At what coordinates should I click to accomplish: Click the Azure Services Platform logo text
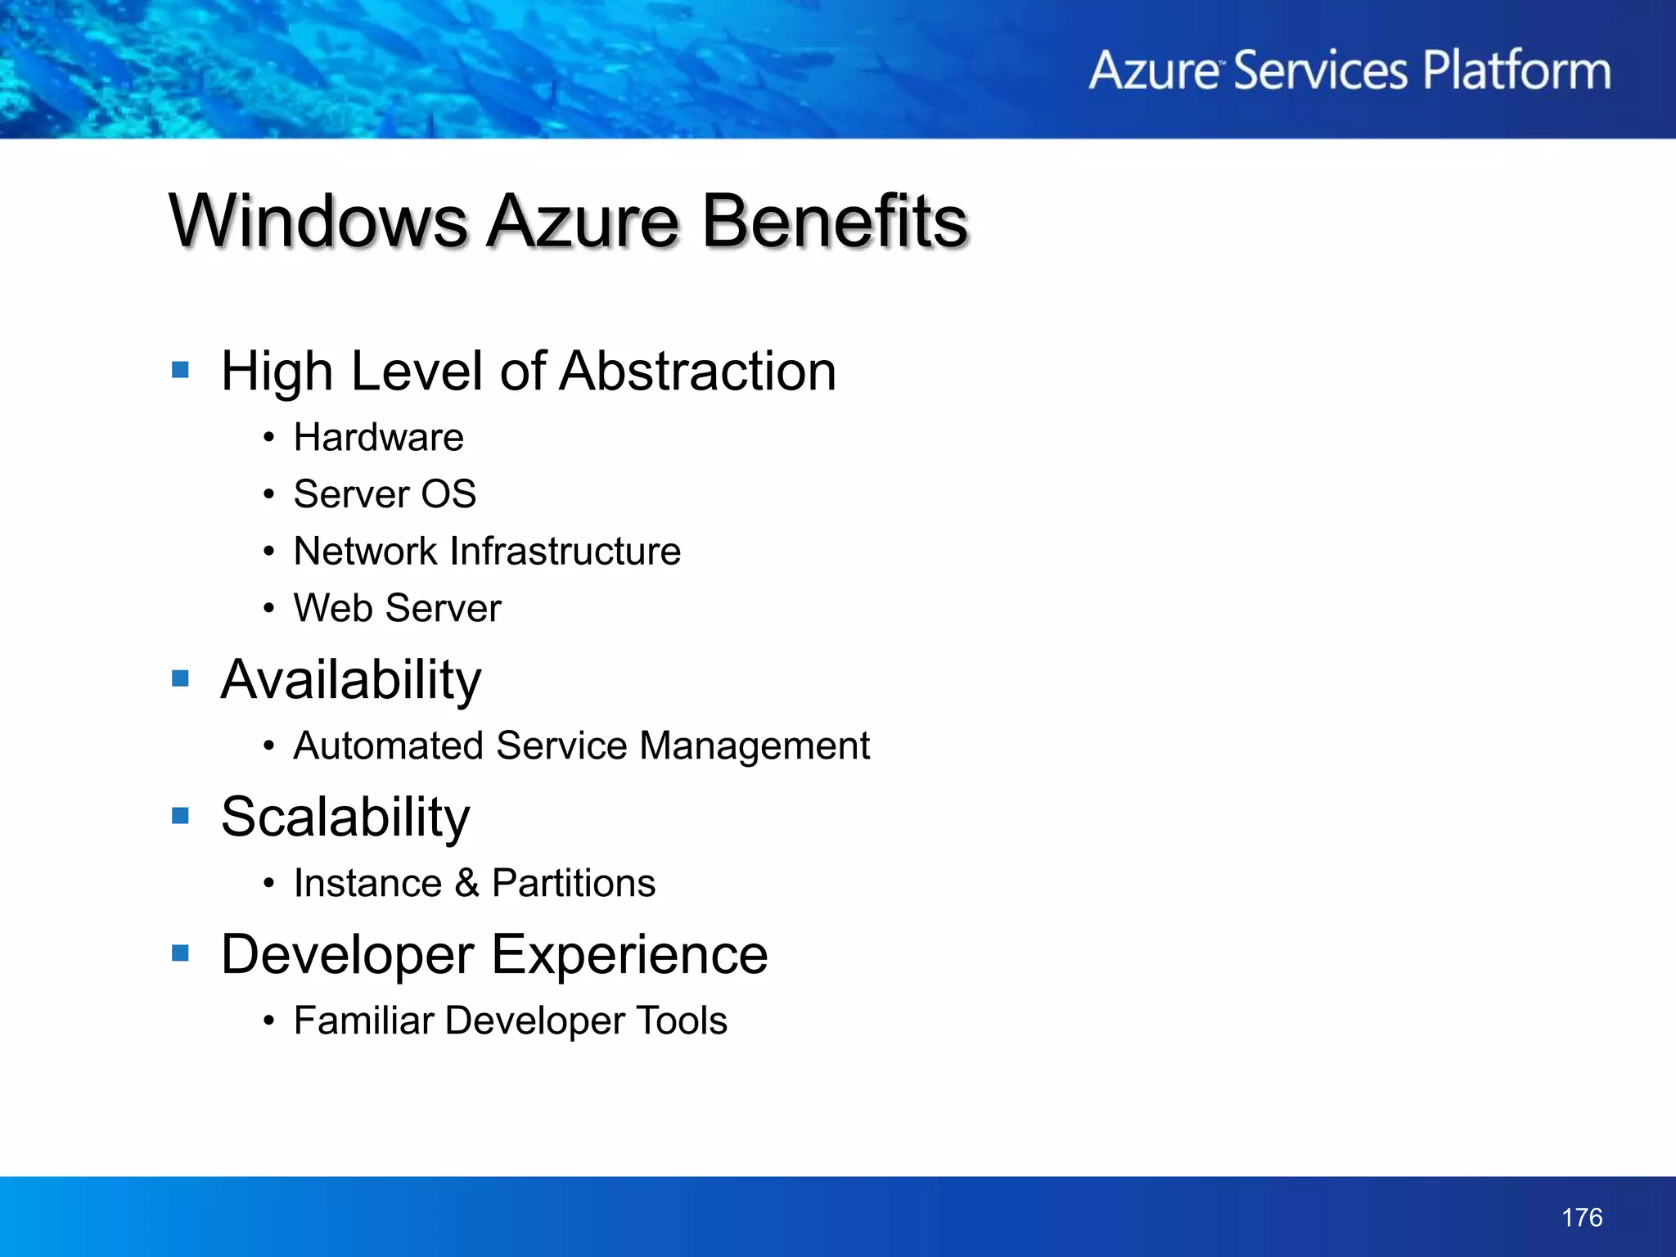click(1349, 70)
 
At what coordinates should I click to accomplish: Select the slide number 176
click(1581, 1218)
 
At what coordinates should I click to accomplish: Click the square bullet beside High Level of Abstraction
click(181, 370)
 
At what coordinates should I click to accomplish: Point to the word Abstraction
click(698, 372)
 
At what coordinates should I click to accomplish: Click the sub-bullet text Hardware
click(378, 437)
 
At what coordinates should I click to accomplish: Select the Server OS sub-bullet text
click(385, 494)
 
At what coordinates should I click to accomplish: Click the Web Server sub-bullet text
click(397, 608)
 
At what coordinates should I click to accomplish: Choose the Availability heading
click(351, 680)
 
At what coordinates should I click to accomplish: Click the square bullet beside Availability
click(181, 678)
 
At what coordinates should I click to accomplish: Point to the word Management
click(754, 746)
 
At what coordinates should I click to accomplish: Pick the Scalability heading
click(345, 818)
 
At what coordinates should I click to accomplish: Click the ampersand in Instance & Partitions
click(466, 884)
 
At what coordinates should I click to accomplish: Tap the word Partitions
click(573, 884)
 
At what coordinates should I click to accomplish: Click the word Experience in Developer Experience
click(629, 955)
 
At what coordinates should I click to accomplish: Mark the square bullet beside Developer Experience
click(181, 953)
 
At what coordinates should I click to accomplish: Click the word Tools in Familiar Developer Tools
click(682, 1020)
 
